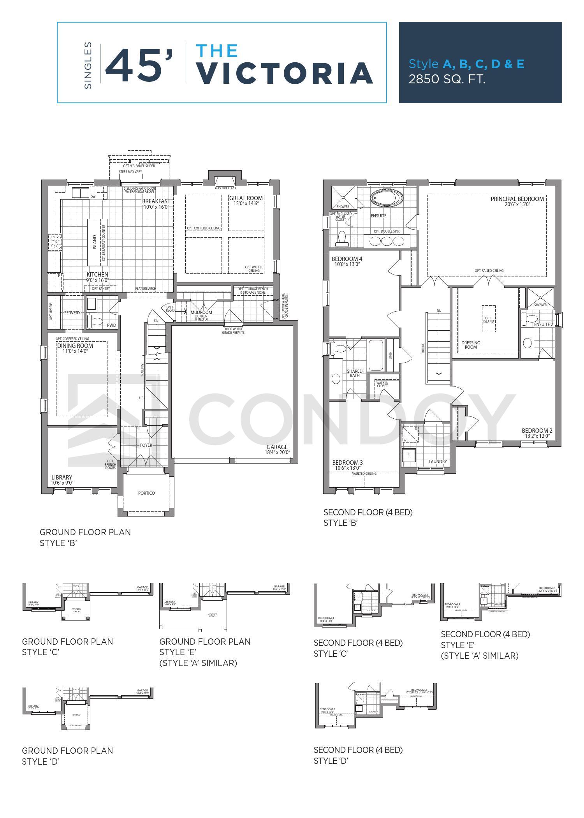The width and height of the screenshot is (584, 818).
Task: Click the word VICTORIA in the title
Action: (284, 73)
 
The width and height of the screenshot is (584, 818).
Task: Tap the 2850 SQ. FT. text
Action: (447, 79)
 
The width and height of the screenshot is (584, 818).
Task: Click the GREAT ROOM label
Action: (246, 198)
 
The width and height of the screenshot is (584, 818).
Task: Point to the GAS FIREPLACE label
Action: (225, 188)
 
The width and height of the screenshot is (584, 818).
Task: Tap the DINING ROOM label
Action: (75, 346)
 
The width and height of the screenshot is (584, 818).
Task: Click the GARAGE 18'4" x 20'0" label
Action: (277, 450)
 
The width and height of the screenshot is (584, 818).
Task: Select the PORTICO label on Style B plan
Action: (146, 493)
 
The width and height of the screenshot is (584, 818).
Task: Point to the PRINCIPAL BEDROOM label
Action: (517, 199)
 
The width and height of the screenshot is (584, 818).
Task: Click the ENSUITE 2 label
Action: (543, 324)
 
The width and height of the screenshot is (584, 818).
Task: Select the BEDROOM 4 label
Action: (347, 259)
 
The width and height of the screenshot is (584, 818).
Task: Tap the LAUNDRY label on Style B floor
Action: (437, 462)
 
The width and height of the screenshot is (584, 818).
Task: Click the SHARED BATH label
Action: (354, 373)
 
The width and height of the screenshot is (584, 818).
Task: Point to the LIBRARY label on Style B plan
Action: (62, 478)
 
